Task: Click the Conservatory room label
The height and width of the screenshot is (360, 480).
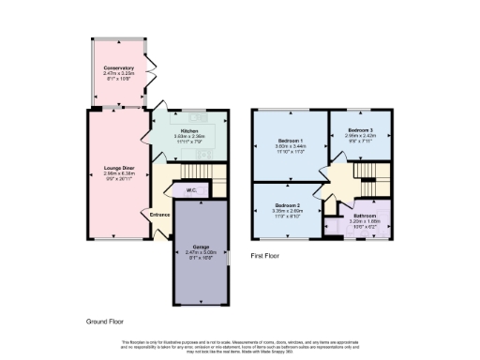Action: pyautogui.click(x=119, y=68)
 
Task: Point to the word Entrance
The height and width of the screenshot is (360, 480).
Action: pyautogui.click(x=159, y=215)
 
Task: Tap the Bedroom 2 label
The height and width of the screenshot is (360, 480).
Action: pyautogui.click(x=287, y=204)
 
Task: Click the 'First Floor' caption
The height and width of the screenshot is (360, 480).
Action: pyautogui.click(x=266, y=255)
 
